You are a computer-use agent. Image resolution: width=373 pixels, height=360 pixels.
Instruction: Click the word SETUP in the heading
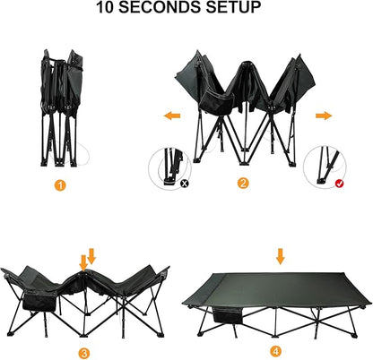(233, 7)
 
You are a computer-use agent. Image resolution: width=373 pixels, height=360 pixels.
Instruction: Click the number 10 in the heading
(105, 7)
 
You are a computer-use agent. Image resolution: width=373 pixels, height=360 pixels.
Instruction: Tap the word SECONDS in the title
(160, 7)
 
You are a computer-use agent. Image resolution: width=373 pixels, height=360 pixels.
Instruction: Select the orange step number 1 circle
(60, 185)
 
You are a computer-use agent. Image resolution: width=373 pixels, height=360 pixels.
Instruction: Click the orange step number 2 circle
(243, 183)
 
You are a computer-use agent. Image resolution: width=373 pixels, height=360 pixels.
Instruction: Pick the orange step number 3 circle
(84, 354)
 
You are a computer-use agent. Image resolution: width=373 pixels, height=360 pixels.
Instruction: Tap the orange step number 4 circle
(275, 351)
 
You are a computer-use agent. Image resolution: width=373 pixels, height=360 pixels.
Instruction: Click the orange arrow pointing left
(172, 116)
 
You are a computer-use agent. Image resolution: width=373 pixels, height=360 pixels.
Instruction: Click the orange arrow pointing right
(324, 116)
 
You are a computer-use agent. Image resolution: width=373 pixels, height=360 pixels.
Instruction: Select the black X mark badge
(185, 183)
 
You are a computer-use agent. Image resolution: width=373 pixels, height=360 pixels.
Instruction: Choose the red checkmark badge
(339, 184)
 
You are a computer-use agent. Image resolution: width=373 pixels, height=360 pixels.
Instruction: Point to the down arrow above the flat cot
(280, 256)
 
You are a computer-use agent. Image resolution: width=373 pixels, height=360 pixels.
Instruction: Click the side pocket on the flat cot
(228, 315)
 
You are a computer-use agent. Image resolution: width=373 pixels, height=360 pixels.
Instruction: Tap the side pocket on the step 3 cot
(39, 301)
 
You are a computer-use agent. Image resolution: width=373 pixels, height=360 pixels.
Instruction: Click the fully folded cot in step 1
(61, 107)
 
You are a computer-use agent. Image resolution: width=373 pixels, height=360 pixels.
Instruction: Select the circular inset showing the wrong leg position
(169, 168)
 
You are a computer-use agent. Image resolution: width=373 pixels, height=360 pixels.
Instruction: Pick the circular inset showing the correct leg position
(325, 167)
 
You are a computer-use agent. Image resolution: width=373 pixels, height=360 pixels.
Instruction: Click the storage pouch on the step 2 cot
(217, 103)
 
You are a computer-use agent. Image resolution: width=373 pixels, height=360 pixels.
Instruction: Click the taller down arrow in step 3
(83, 263)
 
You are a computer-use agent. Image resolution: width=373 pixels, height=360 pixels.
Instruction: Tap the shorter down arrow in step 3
(91, 256)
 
